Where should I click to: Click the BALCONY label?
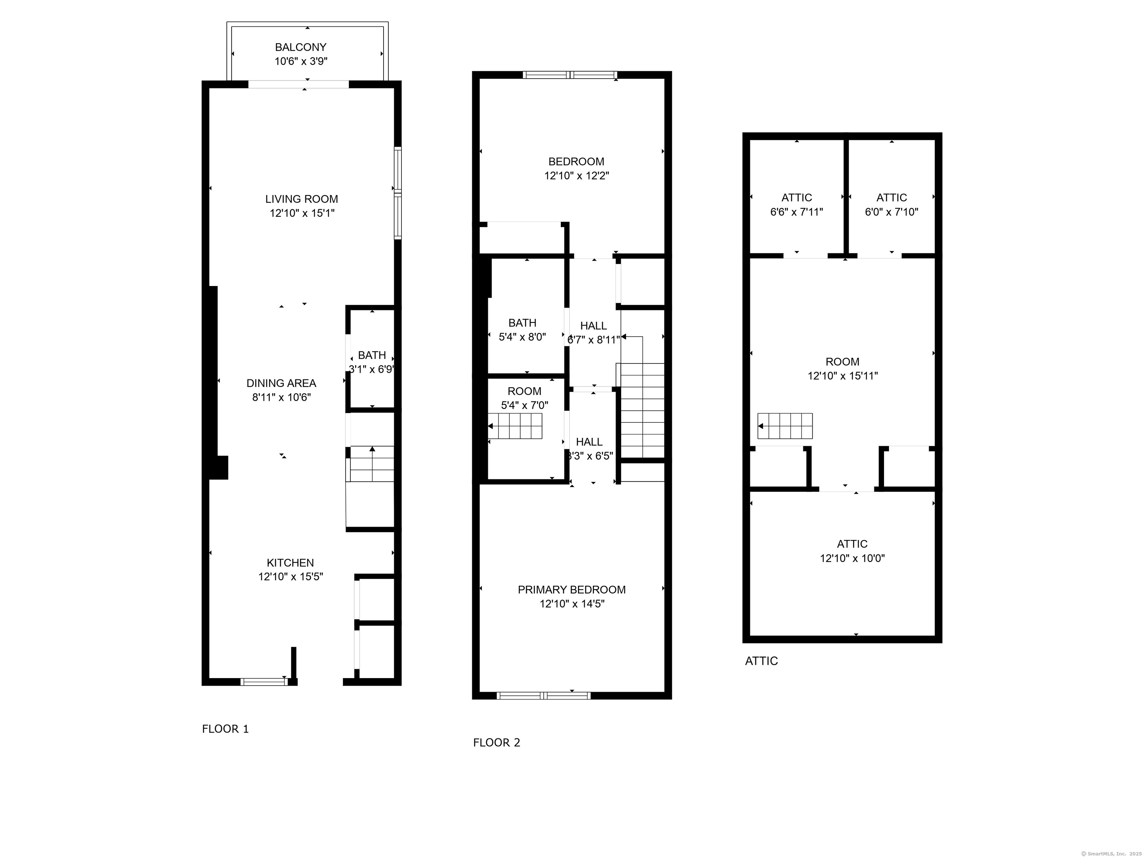coord(301,47)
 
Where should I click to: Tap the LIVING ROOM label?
coord(302,199)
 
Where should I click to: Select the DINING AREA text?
coord(282,383)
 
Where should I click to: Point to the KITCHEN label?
coord(290,563)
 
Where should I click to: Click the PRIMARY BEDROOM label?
coord(572,590)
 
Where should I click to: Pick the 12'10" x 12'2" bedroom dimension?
coord(576,176)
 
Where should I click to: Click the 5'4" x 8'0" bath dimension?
coord(522,337)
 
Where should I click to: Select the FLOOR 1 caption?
coord(226,729)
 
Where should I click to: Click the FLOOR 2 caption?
coord(496,743)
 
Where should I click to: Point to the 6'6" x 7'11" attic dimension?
coord(797,212)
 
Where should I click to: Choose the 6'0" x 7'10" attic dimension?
coord(892,212)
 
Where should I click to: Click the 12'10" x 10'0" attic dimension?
coord(852,559)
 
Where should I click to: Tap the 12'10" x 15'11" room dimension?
coord(843,376)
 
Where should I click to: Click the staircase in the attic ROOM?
coord(785,426)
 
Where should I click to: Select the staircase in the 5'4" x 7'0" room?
coord(515,426)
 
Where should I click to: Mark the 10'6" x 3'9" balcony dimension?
coord(301,61)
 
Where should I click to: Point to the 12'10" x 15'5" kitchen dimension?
coord(290,576)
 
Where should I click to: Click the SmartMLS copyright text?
coord(1112,854)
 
